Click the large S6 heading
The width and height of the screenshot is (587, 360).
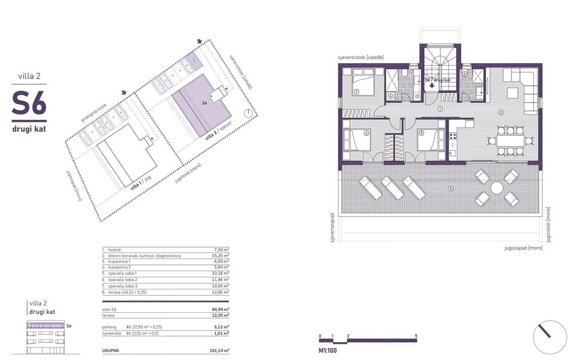coord(29,103)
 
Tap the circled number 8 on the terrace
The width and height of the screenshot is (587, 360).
coord(451,189)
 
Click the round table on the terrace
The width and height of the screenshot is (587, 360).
coord(496,188)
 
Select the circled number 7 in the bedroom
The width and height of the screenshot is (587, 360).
coord(356,92)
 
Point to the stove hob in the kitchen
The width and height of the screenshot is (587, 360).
coord(452,136)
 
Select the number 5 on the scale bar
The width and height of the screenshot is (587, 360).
coord(416,335)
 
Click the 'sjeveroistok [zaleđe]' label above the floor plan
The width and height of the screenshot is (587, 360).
coord(361,58)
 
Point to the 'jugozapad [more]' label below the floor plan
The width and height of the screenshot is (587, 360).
coord(523,248)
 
